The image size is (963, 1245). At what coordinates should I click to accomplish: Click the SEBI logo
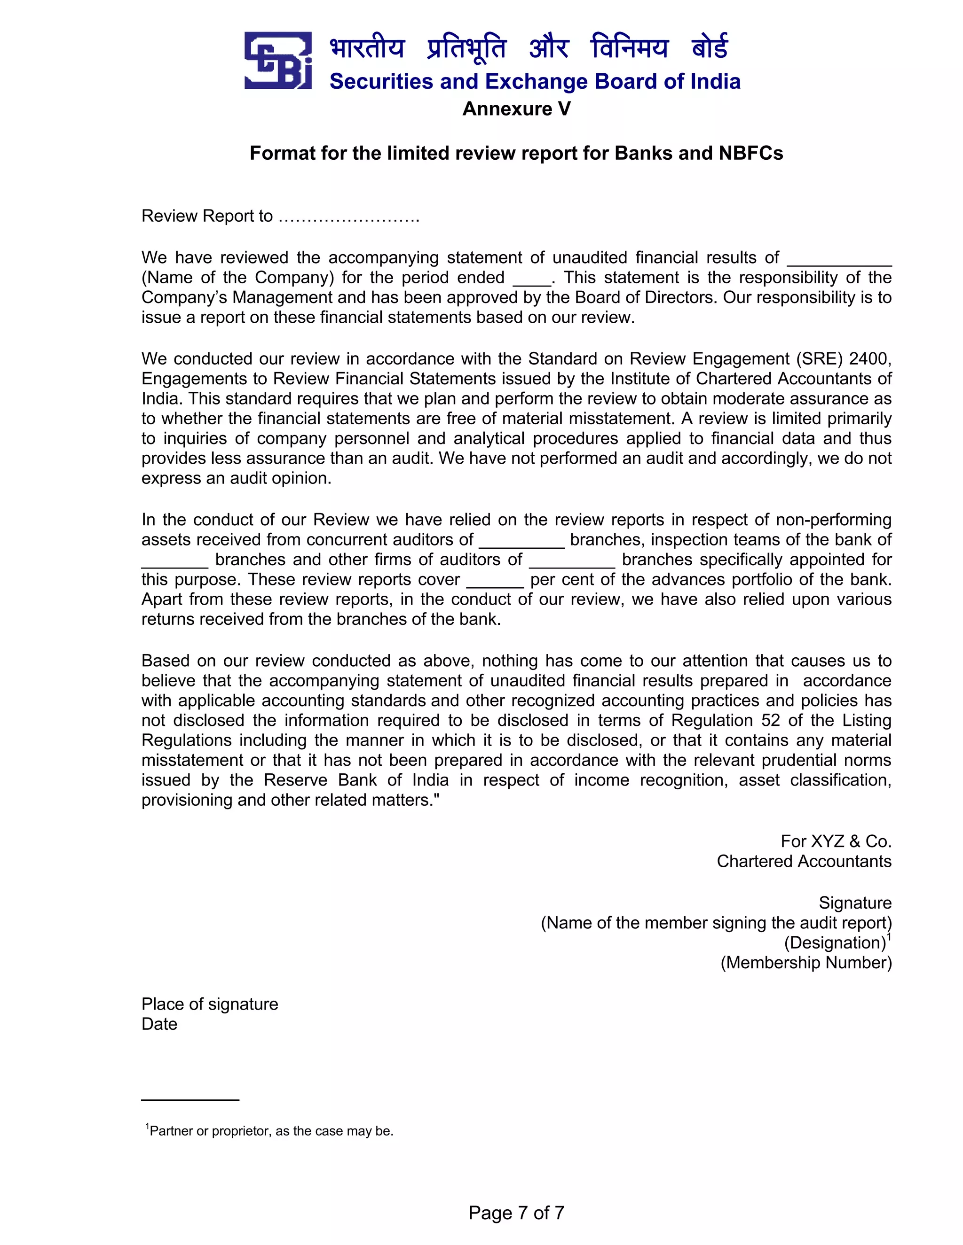[x=278, y=61]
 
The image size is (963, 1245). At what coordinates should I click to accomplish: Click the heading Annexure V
[x=516, y=109]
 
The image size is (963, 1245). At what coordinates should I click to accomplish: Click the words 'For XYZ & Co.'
[x=836, y=841]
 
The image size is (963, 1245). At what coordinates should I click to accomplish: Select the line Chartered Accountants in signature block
[x=804, y=861]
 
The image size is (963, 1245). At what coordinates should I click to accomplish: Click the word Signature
[x=854, y=903]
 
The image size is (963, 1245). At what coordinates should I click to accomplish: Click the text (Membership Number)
[x=805, y=963]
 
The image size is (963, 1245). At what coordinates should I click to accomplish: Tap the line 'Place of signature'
[x=209, y=1004]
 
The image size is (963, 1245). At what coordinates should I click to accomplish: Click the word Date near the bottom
[x=159, y=1024]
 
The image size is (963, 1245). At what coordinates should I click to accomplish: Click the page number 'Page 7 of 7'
[x=516, y=1213]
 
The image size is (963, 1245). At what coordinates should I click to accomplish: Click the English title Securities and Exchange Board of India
[x=535, y=82]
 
